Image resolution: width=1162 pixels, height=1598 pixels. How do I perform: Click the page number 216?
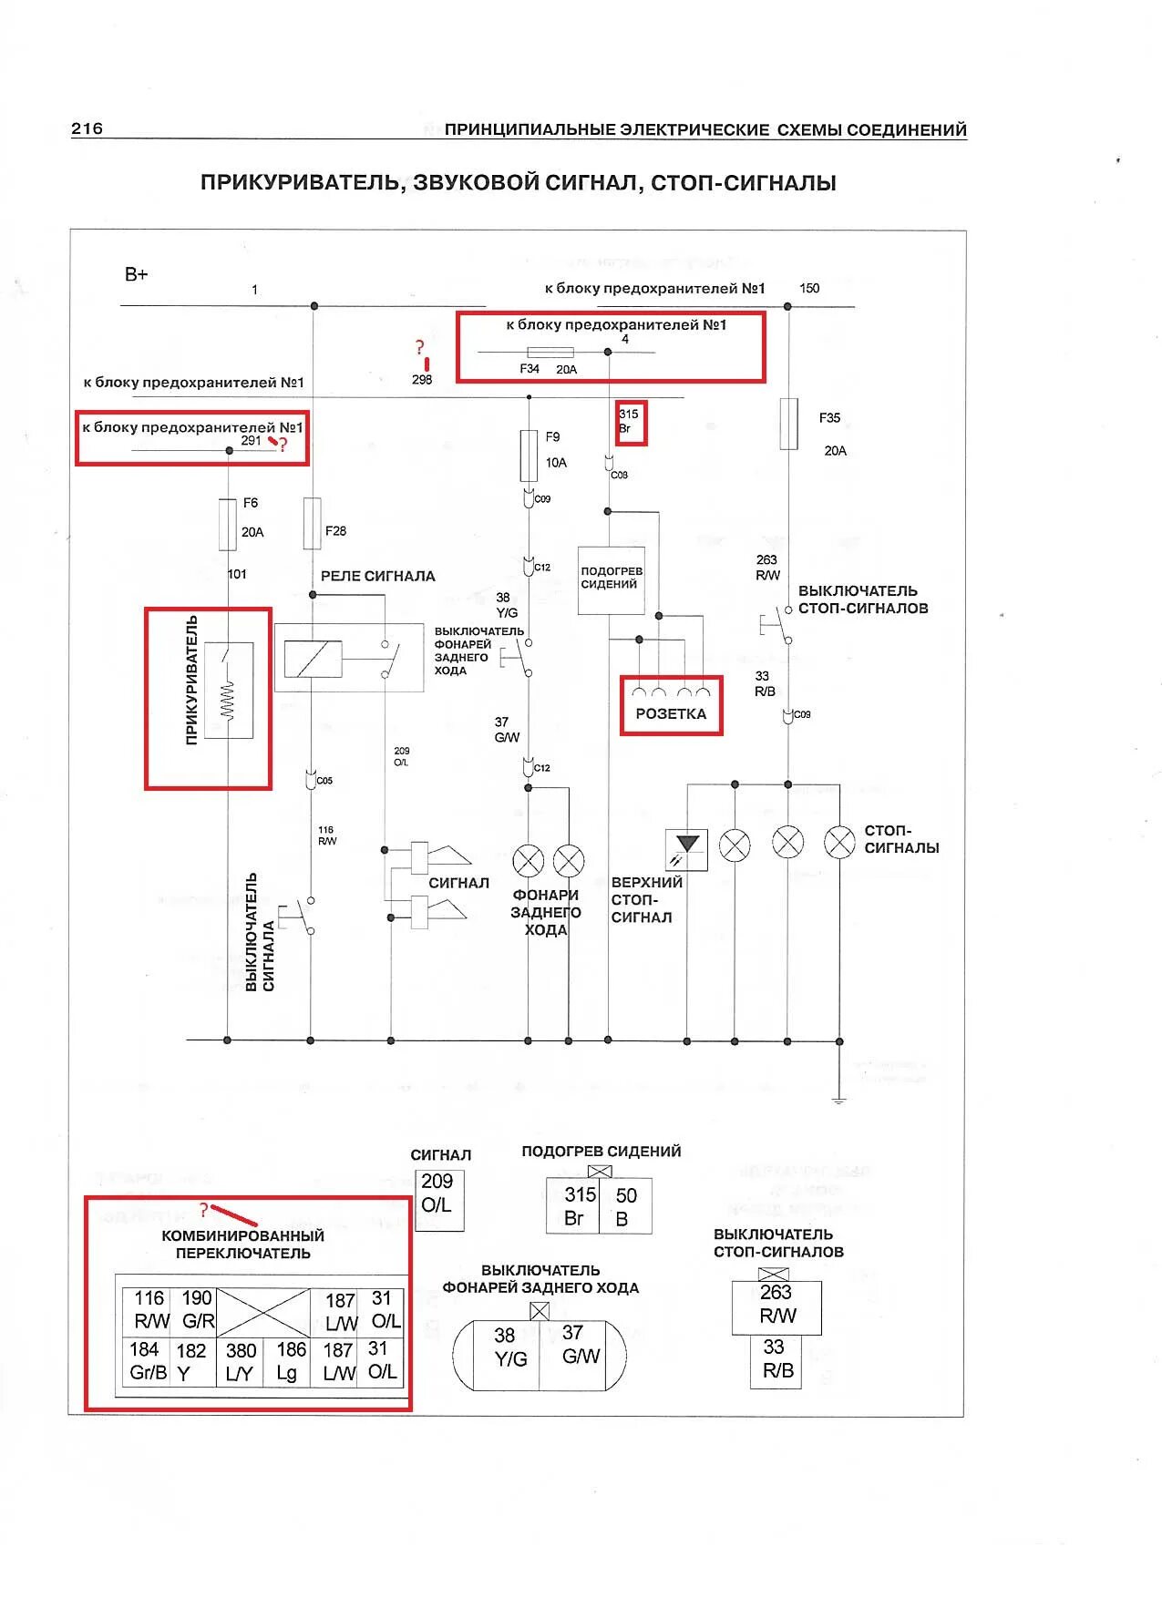(87, 128)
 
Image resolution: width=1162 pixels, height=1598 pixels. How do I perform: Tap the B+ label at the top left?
(136, 274)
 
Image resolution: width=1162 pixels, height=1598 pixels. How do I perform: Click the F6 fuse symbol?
(227, 524)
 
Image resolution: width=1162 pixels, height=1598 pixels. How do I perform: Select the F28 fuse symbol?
(312, 524)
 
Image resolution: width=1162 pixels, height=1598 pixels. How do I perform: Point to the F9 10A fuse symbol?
(529, 456)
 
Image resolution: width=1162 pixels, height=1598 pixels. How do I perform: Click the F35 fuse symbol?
(788, 424)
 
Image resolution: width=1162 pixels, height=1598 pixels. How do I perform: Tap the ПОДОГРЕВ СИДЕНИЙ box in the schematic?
(612, 579)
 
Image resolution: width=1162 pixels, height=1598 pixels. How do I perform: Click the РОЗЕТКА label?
(671, 714)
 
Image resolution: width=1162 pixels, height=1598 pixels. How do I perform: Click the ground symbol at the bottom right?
(838, 1101)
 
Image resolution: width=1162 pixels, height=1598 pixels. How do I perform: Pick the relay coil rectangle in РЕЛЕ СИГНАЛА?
(313, 659)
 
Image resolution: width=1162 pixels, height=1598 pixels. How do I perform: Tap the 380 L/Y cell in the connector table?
(240, 1361)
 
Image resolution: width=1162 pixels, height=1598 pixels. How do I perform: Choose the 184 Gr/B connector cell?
(147, 1361)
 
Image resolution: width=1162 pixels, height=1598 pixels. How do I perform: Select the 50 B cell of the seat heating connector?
(625, 1207)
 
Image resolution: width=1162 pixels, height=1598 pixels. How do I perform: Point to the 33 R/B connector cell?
(776, 1359)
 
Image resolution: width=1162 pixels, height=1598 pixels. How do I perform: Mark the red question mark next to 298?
(419, 347)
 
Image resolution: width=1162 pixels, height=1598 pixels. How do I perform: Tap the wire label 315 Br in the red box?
(629, 421)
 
